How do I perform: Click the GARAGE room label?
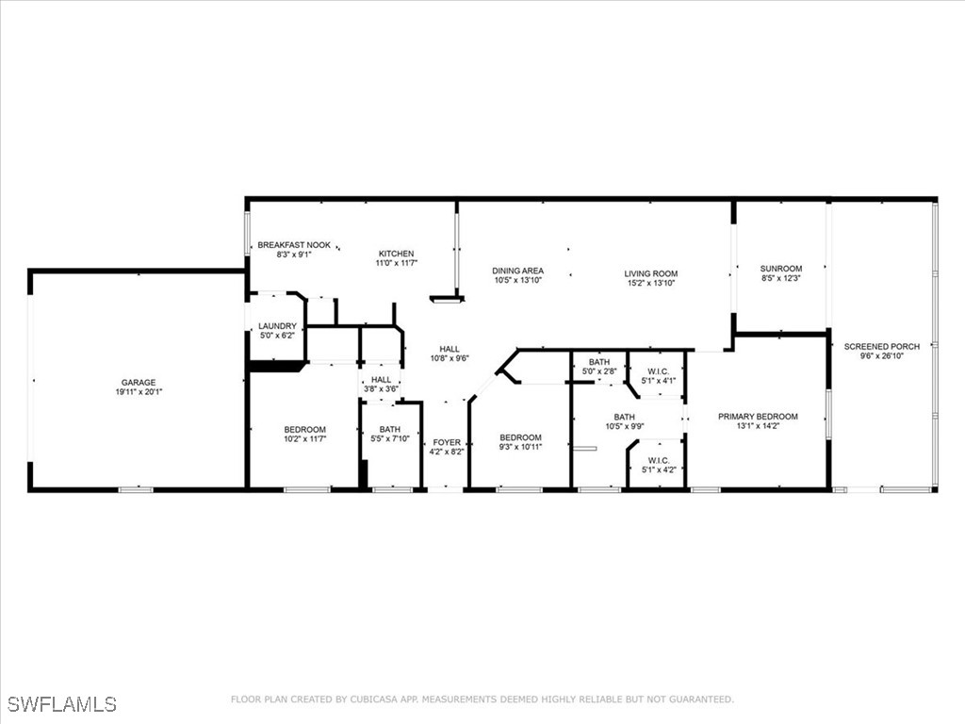pyautogui.click(x=139, y=383)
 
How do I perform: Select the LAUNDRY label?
pyautogui.click(x=277, y=326)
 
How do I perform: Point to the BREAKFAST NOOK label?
pyautogui.click(x=294, y=245)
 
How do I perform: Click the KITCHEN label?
pyautogui.click(x=396, y=254)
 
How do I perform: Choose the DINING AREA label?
pyautogui.click(x=518, y=271)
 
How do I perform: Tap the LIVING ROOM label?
pyautogui.click(x=651, y=274)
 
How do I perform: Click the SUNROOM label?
pyautogui.click(x=781, y=269)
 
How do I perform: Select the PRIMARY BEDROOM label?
pyautogui.click(x=758, y=417)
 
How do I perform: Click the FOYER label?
pyautogui.click(x=447, y=442)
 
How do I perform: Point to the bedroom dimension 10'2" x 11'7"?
pyautogui.click(x=304, y=439)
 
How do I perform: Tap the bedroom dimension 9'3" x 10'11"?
pyautogui.click(x=520, y=448)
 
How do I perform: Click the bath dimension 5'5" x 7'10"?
pyautogui.click(x=390, y=439)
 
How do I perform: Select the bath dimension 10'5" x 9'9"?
pyautogui.click(x=624, y=427)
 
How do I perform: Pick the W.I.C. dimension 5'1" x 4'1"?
pyautogui.click(x=658, y=381)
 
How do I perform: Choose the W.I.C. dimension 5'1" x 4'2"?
pyautogui.click(x=658, y=469)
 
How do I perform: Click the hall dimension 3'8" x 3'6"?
pyautogui.click(x=381, y=389)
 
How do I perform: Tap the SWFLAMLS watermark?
pyautogui.click(x=61, y=704)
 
